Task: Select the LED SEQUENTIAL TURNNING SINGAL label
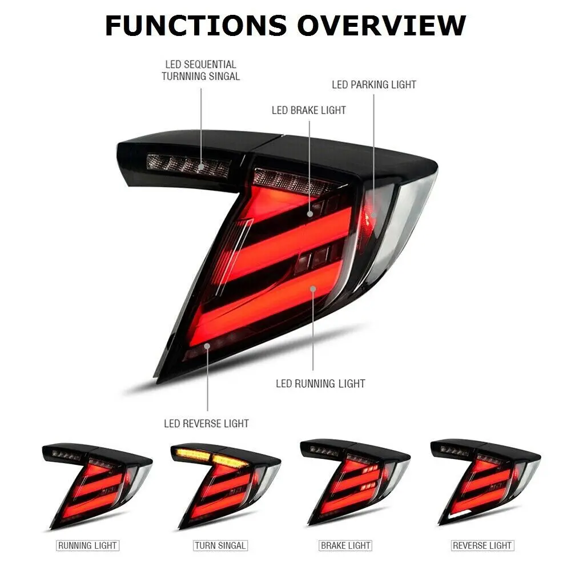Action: (x=200, y=70)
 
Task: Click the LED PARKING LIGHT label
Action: (x=374, y=85)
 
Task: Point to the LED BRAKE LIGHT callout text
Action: (x=309, y=110)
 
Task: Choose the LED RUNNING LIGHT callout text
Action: (x=320, y=383)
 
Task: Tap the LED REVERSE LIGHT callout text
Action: (x=206, y=424)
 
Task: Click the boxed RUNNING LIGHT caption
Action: (x=87, y=546)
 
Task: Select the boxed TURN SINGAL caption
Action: (x=220, y=546)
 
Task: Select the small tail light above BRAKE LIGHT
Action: (x=354, y=485)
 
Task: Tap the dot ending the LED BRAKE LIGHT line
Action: (x=309, y=214)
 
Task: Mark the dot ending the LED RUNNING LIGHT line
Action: (x=313, y=289)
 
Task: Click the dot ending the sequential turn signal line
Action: (x=201, y=166)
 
